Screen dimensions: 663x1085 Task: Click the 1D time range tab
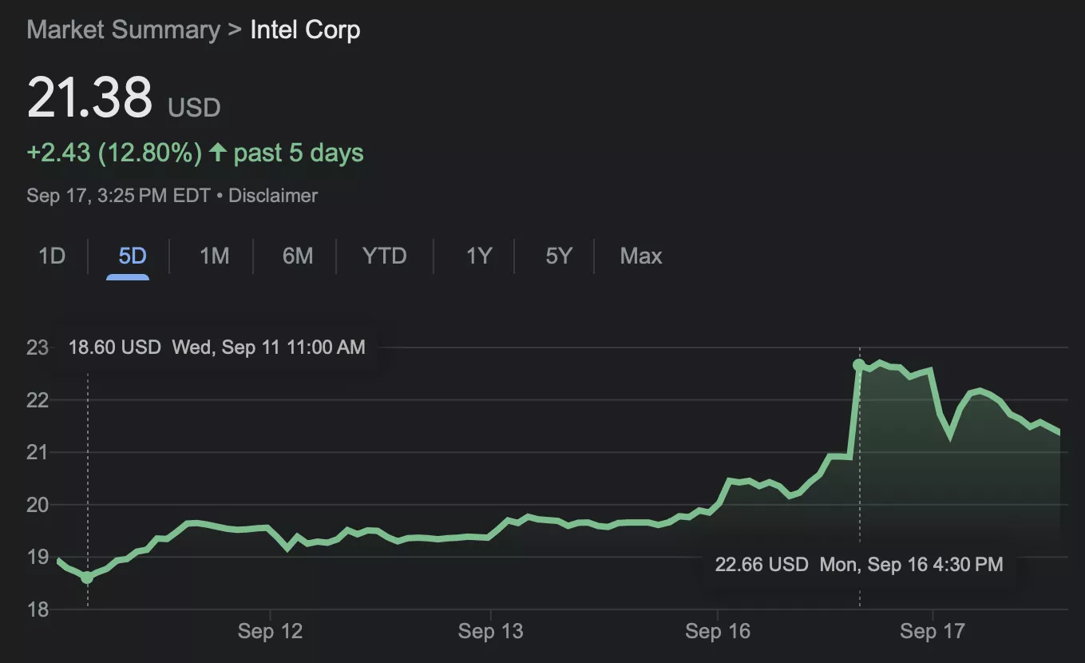tap(52, 256)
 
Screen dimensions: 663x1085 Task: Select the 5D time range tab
tap(133, 256)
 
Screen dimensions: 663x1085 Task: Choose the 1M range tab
tap(214, 256)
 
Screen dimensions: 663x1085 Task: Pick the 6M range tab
tap(298, 256)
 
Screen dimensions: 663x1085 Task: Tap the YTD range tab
tap(384, 256)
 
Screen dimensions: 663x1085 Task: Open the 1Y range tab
tap(479, 256)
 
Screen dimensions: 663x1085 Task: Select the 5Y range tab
tap(559, 256)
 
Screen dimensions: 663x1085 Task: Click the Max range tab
tap(641, 256)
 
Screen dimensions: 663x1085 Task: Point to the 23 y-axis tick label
tap(38, 348)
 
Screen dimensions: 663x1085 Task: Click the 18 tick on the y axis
tap(38, 610)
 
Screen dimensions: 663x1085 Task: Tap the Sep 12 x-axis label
tap(270, 632)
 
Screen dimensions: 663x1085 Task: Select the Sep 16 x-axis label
tap(718, 632)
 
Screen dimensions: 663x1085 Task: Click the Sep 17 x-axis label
tap(932, 632)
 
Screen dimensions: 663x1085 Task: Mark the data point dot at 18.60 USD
tap(87, 577)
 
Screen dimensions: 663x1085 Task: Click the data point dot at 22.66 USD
tap(859, 365)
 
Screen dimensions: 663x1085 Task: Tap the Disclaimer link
tap(273, 196)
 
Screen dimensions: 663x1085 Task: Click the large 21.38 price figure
tap(89, 98)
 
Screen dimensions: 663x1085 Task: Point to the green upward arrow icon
tap(217, 153)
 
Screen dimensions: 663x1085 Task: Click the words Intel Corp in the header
tap(305, 30)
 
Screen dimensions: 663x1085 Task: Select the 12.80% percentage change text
tap(150, 153)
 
